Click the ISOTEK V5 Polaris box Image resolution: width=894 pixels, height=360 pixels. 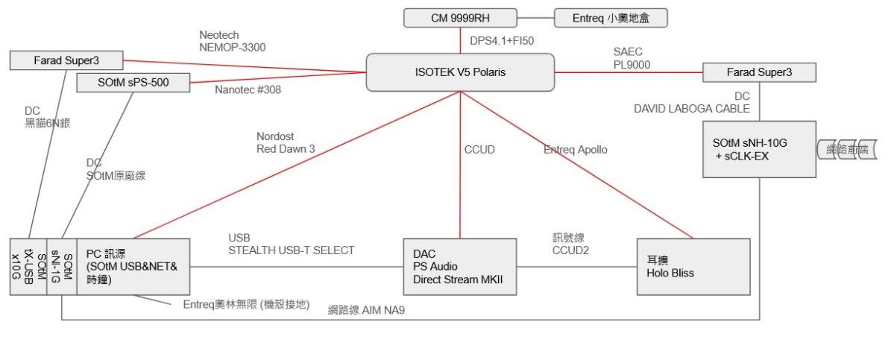pyautogui.click(x=461, y=72)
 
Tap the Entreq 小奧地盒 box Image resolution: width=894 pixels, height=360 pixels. pyautogui.click(x=609, y=16)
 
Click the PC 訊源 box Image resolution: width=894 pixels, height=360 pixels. pyautogui.click(x=134, y=266)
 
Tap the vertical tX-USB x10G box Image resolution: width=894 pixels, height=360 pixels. pyautogui.click(x=28, y=266)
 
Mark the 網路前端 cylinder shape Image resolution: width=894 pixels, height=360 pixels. pyautogui.click(x=846, y=150)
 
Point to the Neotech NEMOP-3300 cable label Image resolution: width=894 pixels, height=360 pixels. pyautogui.click(x=233, y=41)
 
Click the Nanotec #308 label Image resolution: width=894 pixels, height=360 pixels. pyautogui.click(x=236, y=90)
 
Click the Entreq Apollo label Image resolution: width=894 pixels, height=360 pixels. pyautogui.click(x=577, y=150)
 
